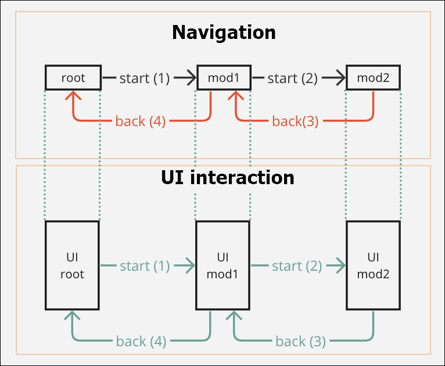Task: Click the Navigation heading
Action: coord(224,32)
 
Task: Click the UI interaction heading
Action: coord(227,177)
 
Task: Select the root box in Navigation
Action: coord(73,78)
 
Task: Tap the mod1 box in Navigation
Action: coord(224,78)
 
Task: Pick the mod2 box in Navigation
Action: coord(373,78)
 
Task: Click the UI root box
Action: coord(73,265)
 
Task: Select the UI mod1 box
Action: coord(224,265)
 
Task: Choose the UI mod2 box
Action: coord(373,265)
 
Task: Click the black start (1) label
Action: coord(144,78)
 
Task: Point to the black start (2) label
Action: coord(292,78)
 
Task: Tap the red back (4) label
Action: coord(141,121)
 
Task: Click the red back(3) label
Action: coord(295,121)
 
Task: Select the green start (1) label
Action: coord(145,266)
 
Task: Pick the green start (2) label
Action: coord(296,266)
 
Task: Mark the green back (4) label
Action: coord(141,341)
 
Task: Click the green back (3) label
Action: coord(300,341)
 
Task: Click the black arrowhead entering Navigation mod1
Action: coord(191,77)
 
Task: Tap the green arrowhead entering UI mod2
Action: coord(339,265)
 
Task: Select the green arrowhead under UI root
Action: coord(73,316)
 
